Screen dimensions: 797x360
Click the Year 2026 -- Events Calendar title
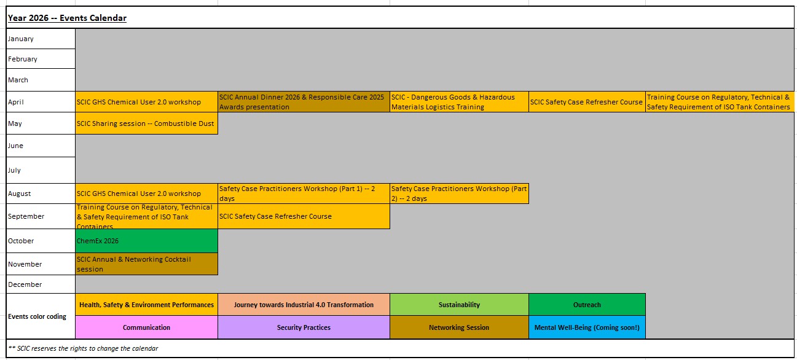[67, 18]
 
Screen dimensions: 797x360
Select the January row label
[21, 39]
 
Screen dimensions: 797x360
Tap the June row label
[15, 146]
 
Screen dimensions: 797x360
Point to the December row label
[25, 284]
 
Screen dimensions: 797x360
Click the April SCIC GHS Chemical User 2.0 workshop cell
[147, 102]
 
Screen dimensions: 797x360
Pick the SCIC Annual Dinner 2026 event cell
[304, 102]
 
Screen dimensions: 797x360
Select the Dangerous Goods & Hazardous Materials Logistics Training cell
[460, 102]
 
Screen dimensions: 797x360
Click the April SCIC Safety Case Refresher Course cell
[587, 102]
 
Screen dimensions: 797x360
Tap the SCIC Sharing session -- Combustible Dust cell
[147, 123]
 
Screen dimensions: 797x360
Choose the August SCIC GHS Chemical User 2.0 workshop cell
[147, 194]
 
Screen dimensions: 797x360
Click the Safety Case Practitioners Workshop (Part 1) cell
[304, 194]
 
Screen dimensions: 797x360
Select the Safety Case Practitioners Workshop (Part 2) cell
[460, 194]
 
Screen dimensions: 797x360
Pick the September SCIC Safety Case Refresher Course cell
[304, 216]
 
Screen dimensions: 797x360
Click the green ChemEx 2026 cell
[147, 241]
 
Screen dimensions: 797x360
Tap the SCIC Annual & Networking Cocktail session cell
[147, 264]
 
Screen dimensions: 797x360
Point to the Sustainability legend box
[460, 305]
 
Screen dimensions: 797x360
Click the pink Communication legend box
[147, 327]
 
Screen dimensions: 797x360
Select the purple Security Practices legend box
[304, 327]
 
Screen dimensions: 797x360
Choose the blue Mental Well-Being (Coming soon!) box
[587, 327]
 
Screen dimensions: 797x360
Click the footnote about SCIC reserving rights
[83, 348]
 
